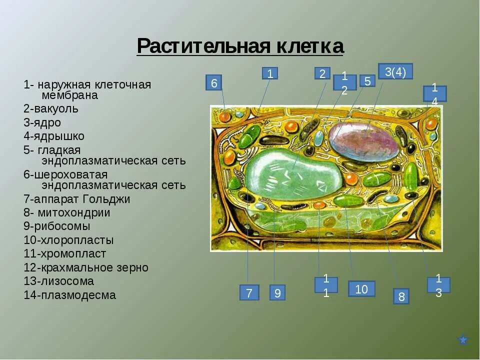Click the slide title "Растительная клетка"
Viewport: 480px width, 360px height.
240,46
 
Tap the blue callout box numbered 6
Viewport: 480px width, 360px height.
213,83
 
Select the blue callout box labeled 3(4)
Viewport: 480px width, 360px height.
395,71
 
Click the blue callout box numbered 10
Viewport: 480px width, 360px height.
361,288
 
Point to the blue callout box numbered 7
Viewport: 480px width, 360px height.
249,292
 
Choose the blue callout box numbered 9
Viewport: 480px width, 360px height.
277,292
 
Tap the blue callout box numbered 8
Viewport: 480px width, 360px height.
401,296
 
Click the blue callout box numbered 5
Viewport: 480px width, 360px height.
367,81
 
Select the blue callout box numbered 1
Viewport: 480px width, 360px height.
269,73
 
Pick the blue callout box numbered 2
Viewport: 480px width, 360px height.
322,73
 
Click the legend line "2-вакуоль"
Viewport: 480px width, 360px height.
51,108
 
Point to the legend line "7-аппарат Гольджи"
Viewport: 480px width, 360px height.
76,199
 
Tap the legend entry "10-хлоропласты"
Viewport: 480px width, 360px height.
68,240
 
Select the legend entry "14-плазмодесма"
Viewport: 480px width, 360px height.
69,295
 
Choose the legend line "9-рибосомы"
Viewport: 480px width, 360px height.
56,226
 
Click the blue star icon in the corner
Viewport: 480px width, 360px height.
463,340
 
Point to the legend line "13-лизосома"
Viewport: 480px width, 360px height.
58,281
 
